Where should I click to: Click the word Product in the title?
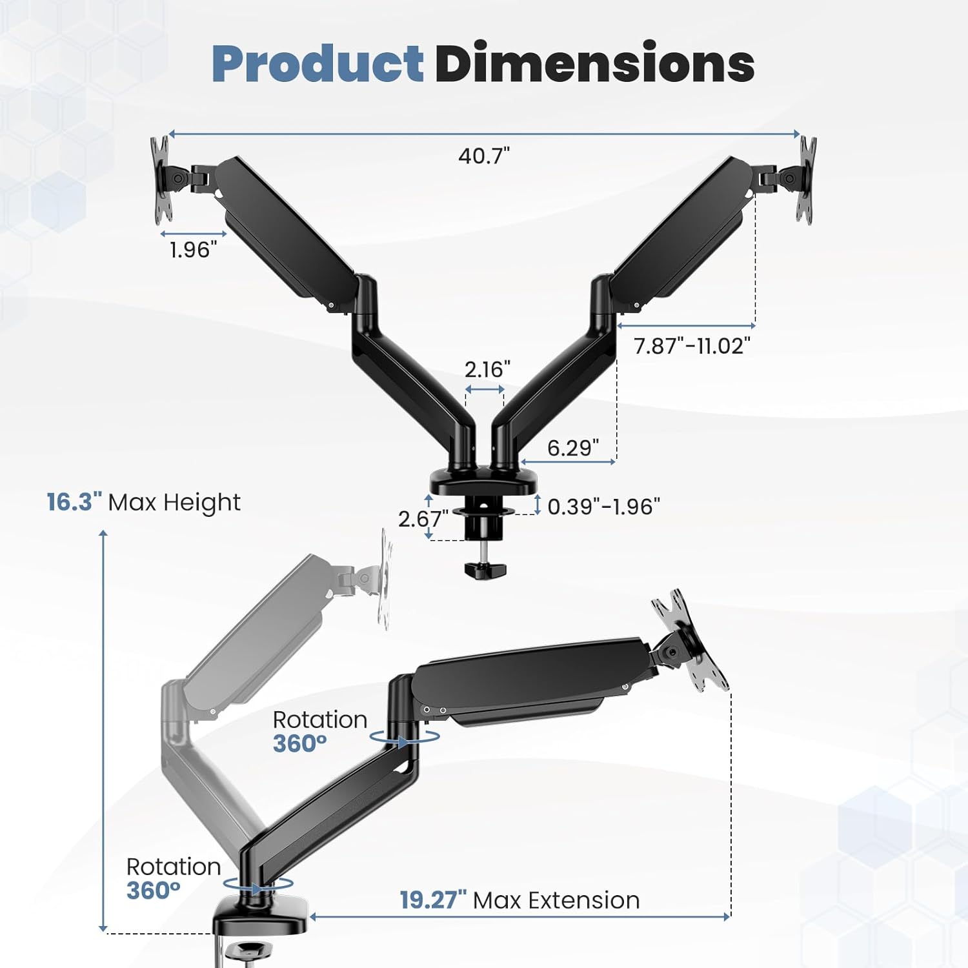pos(318,63)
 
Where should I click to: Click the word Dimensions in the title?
pos(594,63)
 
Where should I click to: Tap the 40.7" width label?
pos(484,156)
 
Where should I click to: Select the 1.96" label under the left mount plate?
pos(193,250)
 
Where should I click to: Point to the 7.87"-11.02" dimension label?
pos(692,346)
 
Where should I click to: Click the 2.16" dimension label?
pos(487,369)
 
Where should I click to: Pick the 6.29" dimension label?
pos(573,447)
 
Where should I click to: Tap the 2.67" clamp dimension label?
pos(423,518)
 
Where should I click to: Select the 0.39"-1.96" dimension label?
pos(603,507)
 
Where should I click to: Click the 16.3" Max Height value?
pos(74,502)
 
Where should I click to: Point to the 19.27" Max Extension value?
pos(432,900)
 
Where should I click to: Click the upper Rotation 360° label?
pos(319,731)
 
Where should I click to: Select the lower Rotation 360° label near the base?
pos(173,878)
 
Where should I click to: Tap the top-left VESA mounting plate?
pos(161,180)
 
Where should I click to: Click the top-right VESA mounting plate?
pos(806,180)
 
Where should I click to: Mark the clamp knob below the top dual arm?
pos(485,570)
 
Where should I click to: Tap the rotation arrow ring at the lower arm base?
pos(258,885)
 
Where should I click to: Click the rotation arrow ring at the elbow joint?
pos(405,737)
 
